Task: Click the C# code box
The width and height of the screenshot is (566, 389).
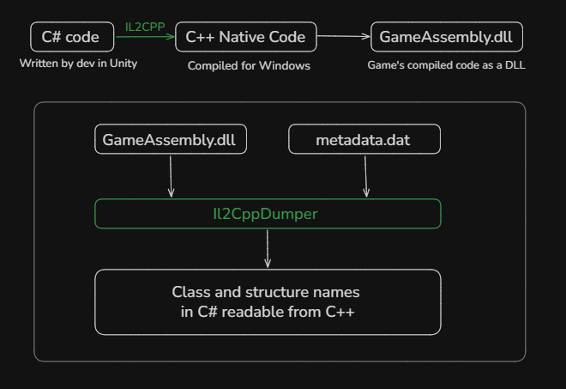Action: tap(76, 37)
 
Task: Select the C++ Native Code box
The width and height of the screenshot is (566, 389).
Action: tap(245, 37)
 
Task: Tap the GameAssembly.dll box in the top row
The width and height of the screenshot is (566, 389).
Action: tap(446, 37)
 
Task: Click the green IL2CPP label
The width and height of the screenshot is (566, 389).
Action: tap(145, 27)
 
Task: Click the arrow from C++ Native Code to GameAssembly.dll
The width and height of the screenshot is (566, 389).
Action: tap(343, 37)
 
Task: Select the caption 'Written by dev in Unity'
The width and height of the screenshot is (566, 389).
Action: tap(78, 64)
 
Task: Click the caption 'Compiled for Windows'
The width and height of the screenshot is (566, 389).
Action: tap(249, 65)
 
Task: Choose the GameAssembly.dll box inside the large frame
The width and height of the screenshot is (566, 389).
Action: tap(170, 139)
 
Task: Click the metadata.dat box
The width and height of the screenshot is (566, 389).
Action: tap(364, 139)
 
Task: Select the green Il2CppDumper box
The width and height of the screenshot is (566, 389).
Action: tap(268, 214)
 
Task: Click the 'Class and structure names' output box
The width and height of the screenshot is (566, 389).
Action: tap(268, 301)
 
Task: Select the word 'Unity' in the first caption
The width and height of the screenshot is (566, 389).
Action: tap(123, 64)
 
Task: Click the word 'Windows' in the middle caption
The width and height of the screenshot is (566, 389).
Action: tap(287, 65)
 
